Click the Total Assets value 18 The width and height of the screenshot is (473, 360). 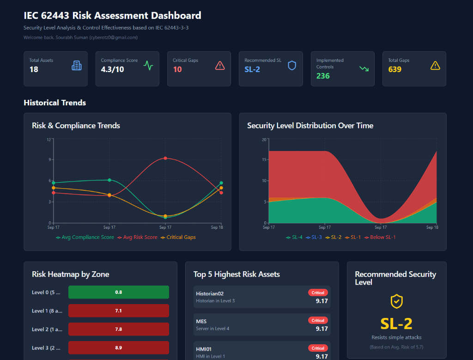34,69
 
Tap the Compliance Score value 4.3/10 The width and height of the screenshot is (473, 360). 112,69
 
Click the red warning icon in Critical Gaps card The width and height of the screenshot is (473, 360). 220,66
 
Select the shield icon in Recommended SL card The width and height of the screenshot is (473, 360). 292,66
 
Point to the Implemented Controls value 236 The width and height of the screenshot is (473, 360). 323,76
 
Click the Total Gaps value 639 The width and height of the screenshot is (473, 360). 395,69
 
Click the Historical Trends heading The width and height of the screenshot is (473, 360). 55,103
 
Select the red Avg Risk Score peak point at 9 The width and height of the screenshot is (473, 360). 165,158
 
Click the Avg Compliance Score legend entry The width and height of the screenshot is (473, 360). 85,237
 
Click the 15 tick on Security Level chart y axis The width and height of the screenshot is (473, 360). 264,160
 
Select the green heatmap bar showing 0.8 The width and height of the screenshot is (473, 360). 118,292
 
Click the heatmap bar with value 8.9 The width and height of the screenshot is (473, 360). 118,348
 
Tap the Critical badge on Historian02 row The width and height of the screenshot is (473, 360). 318,293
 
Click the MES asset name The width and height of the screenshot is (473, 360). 201,321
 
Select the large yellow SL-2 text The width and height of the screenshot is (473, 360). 396,323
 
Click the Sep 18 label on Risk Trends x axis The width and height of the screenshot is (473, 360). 217,227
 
